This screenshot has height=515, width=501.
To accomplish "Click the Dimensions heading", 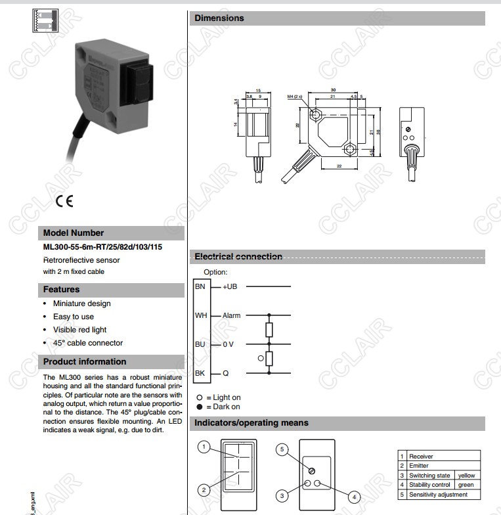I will pyautogui.click(x=219, y=18).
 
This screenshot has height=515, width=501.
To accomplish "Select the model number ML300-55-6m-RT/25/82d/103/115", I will pyautogui.click(x=102, y=247).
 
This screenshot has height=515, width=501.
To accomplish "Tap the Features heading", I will pyautogui.click(x=61, y=289).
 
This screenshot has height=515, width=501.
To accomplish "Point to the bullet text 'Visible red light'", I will pyautogui.click(x=79, y=330).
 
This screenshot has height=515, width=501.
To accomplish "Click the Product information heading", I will pyautogui.click(x=84, y=361).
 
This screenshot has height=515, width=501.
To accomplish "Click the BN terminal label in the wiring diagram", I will pyautogui.click(x=200, y=286).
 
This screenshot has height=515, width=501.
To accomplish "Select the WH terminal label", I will pyautogui.click(x=201, y=315).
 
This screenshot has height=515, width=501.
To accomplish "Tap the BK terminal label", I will pyautogui.click(x=200, y=373).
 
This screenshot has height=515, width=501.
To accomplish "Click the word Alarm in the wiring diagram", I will pyautogui.click(x=232, y=315).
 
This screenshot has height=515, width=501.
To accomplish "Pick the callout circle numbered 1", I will pyautogui.click(x=204, y=447).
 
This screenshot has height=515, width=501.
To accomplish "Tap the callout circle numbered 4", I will pyautogui.click(x=354, y=497).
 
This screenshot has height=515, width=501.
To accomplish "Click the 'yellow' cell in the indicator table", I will pyautogui.click(x=466, y=475).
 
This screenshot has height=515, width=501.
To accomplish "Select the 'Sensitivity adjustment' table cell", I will pyautogui.click(x=438, y=495).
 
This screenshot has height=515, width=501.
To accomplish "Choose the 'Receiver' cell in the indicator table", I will pyautogui.click(x=421, y=456).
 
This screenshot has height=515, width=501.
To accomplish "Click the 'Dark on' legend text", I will pyautogui.click(x=227, y=407).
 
